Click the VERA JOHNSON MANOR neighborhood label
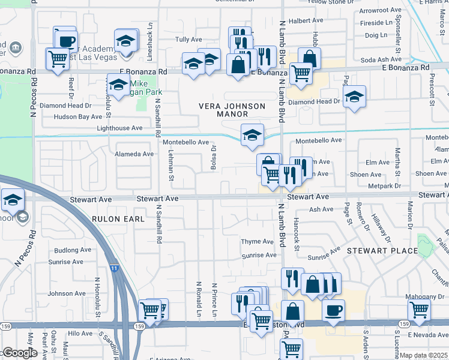[232, 111]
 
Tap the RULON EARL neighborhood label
[118, 219]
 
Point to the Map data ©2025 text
[423, 355]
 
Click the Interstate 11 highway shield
[113, 269]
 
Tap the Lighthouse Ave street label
[119, 128]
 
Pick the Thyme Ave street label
[257, 241]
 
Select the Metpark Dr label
[384, 186]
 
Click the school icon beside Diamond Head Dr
[355, 96]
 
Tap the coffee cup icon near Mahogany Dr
[333, 310]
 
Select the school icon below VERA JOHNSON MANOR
[253, 135]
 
